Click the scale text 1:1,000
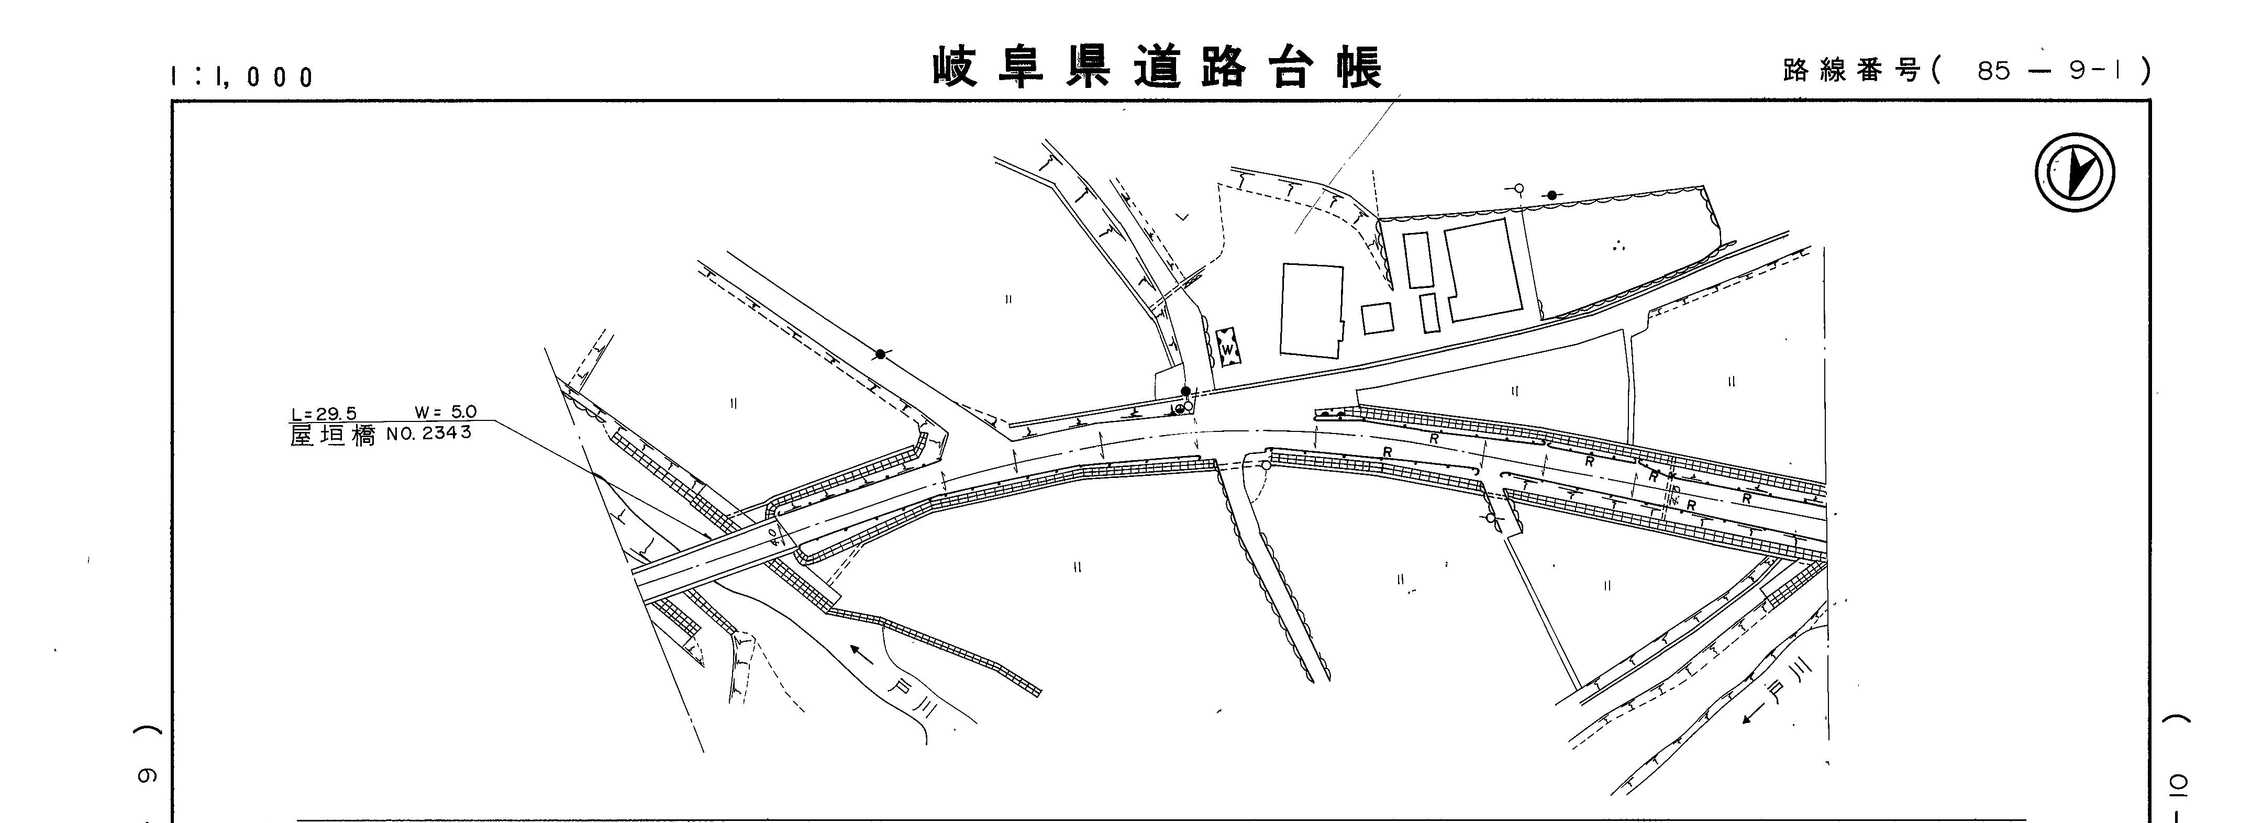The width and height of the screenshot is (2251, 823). pos(242,77)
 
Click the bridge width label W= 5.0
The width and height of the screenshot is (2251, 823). pos(446,413)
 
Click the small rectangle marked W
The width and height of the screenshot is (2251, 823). pos(1228,348)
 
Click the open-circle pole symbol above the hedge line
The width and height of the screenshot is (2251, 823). pos(1518,188)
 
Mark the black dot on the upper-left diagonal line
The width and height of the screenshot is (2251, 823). pos(880,354)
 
